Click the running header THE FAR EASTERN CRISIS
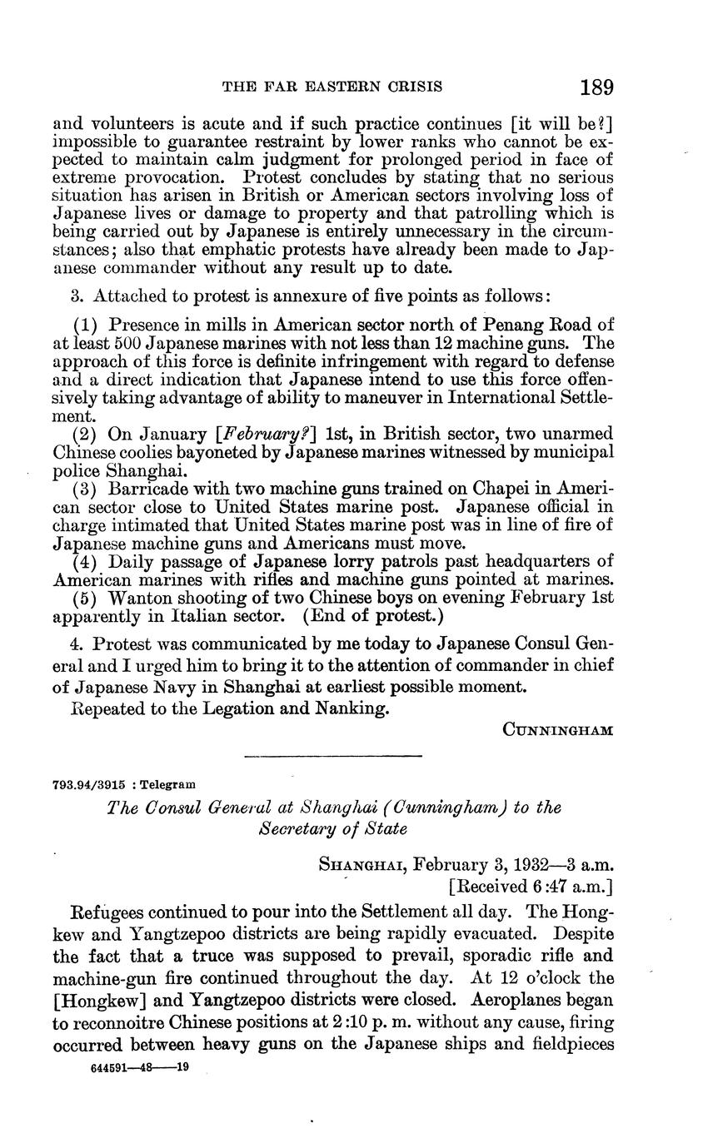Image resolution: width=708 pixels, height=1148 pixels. tap(331, 87)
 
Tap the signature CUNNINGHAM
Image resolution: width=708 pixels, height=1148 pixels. tap(558, 730)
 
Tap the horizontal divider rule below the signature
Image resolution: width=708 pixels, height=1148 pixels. tap(333, 756)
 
